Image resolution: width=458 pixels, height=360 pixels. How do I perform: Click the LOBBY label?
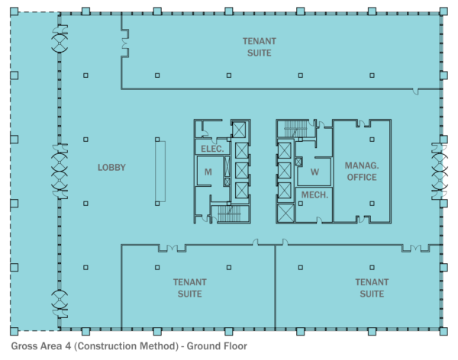pos(111,168)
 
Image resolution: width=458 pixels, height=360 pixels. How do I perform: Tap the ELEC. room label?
pos(211,149)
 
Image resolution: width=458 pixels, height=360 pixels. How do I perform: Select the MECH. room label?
pos(314,195)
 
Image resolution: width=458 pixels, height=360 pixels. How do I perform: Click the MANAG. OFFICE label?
pos(361,172)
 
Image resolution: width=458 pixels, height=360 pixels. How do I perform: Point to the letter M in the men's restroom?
pos(208,172)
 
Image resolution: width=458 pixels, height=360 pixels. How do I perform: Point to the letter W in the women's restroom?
pos(314,172)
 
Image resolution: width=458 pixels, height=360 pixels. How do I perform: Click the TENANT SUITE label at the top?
pos(260,47)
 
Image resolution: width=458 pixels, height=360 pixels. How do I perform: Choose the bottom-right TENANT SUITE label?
pos(372,288)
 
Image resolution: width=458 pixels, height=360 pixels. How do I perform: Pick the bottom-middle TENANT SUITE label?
pos(186,288)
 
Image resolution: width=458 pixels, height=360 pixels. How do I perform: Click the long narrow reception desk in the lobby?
pos(159,172)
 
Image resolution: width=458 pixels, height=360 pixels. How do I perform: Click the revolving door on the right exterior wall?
pos(440,168)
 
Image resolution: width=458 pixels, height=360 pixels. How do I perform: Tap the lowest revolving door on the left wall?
pos(58,303)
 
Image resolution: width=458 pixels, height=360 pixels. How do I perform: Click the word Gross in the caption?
pos(24,346)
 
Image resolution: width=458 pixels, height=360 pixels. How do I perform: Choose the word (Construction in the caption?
pos(107,346)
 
